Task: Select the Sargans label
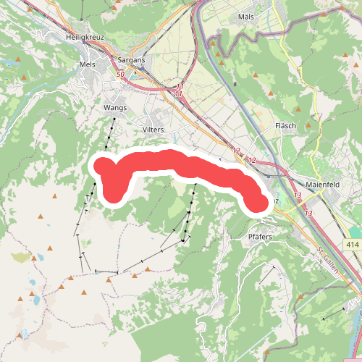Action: coord(131,62)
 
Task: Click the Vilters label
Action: coord(153,129)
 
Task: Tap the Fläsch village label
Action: coord(286,125)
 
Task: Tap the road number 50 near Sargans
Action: coord(119,75)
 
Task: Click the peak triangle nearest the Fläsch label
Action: coord(309,125)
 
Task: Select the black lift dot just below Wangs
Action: coord(114,118)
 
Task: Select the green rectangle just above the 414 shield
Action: coord(353,233)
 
